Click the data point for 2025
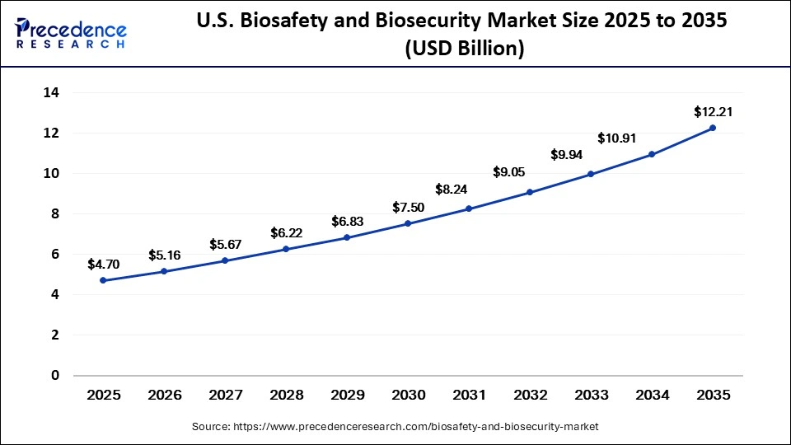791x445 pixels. point(103,280)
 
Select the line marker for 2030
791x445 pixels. point(408,223)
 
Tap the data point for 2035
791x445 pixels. point(713,128)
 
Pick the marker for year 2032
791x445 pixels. point(530,192)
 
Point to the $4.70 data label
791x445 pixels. point(103,264)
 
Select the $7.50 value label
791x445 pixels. point(408,206)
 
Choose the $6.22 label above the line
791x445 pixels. point(286,233)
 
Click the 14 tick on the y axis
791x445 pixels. point(51,93)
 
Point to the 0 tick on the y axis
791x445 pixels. point(55,376)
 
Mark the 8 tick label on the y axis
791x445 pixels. point(55,214)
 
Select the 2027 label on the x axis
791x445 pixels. point(225,396)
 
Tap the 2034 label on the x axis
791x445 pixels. point(652,396)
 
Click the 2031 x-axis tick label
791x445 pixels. point(469,396)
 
